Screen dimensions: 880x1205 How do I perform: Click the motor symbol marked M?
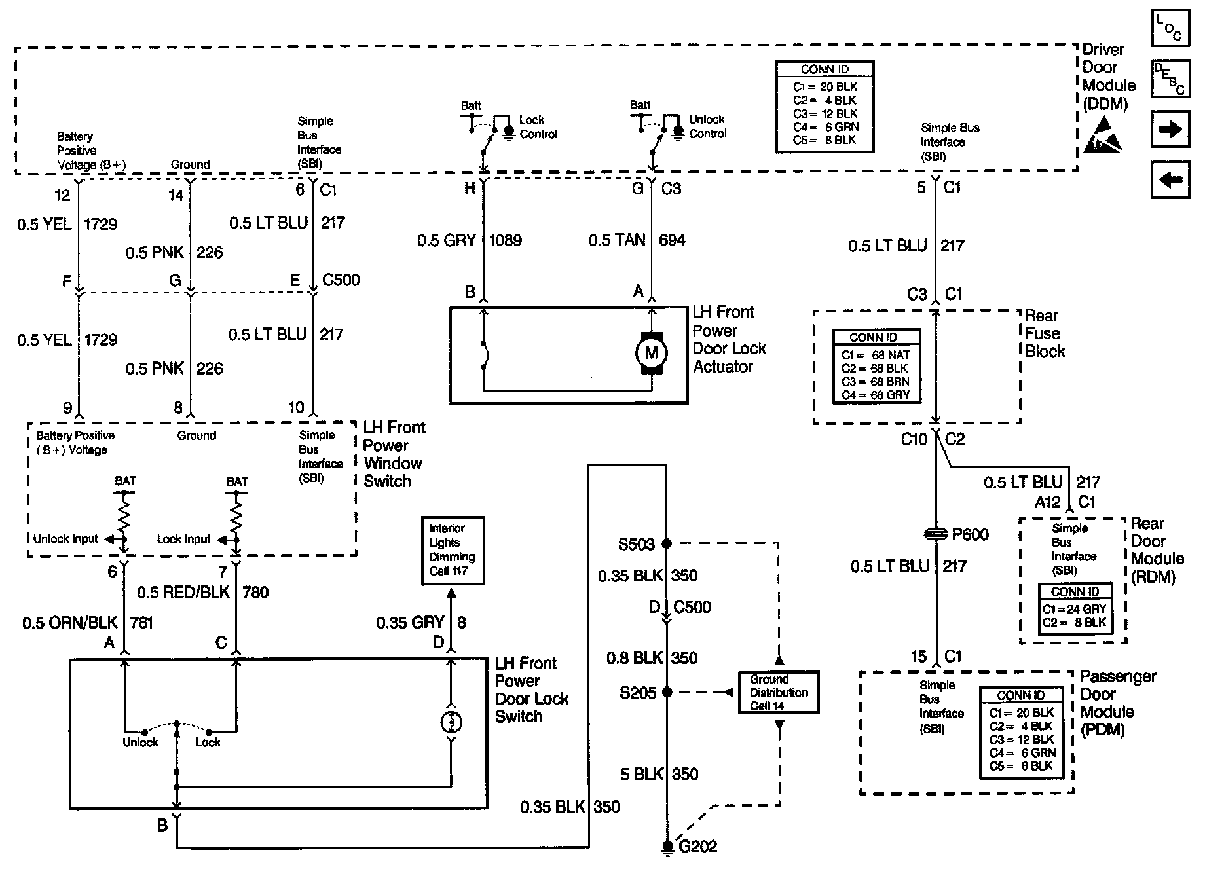[651, 353]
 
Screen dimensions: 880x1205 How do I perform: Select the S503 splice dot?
[667, 543]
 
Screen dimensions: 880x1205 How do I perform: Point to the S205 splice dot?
[667, 692]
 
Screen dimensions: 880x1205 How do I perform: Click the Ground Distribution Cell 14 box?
[779, 692]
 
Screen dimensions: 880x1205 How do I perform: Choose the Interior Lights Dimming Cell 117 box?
[453, 550]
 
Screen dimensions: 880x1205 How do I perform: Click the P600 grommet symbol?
[936, 534]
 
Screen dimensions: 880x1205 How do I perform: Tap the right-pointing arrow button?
[1170, 129]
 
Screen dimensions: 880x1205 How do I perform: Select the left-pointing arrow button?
[1170, 179]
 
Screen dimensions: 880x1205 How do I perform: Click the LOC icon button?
[1170, 28]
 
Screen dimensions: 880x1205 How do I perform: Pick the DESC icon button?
[1170, 79]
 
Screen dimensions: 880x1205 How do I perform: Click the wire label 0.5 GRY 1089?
[470, 240]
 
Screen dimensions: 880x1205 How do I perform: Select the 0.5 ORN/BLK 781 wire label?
[88, 622]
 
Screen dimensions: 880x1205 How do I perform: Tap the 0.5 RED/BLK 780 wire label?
[202, 592]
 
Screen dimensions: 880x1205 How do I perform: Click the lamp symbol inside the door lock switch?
[451, 722]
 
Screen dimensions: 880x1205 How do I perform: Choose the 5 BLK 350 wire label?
[659, 774]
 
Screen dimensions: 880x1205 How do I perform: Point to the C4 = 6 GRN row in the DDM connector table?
[825, 126]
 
